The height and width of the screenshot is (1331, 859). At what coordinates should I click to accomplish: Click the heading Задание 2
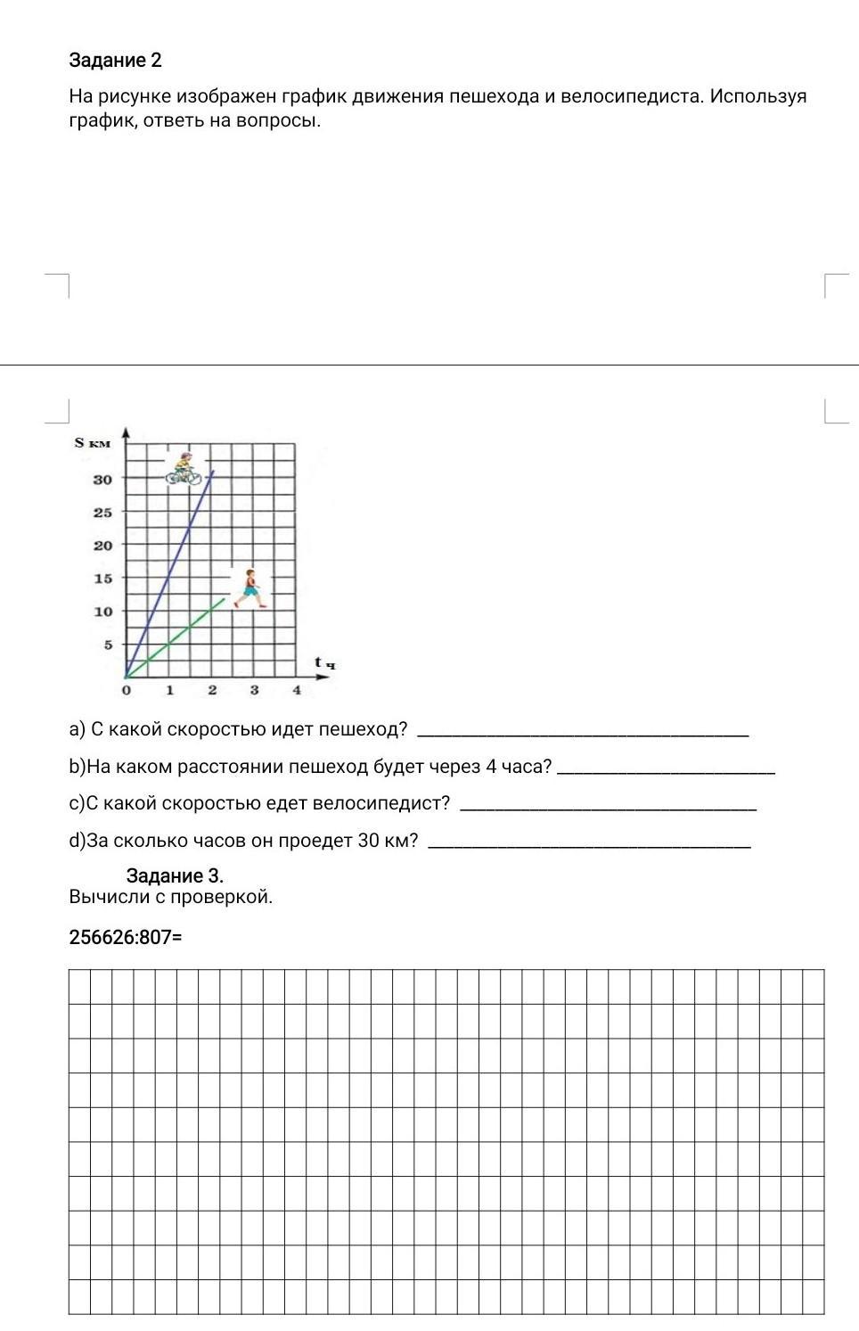(x=115, y=61)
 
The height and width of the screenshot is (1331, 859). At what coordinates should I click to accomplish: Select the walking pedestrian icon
(x=250, y=587)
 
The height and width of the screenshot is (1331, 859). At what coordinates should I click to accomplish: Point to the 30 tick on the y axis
(x=103, y=480)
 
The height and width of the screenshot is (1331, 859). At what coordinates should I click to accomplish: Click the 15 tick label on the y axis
(x=103, y=579)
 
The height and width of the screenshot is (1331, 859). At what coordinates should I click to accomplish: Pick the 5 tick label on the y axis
(x=108, y=645)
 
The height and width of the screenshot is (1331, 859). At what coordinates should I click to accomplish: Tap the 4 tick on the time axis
(x=297, y=690)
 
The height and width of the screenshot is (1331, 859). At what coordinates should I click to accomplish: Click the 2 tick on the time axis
(x=212, y=690)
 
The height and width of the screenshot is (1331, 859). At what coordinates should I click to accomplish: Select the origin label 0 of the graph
(x=126, y=690)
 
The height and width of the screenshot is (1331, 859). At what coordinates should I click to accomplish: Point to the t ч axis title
(x=324, y=662)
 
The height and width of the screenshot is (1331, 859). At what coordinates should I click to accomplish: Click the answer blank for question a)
(x=583, y=733)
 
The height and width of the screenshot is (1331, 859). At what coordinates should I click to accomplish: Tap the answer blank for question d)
(x=589, y=843)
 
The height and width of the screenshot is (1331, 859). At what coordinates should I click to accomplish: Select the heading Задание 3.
(x=175, y=875)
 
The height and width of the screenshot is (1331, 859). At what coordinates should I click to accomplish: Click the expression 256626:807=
(x=125, y=937)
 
